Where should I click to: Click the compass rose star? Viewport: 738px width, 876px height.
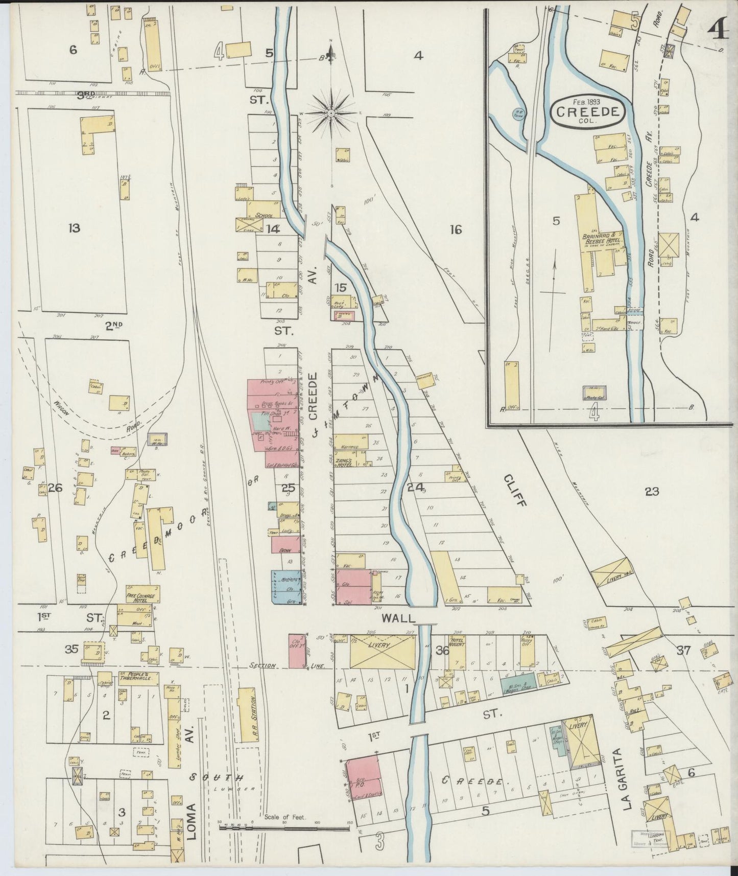coord(331,112)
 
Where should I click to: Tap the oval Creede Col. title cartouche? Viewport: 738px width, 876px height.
coord(588,112)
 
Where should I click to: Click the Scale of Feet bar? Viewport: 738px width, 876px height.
coord(284,828)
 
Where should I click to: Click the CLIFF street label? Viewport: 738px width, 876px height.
coord(514,490)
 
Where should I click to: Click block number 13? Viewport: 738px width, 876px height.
coord(74,228)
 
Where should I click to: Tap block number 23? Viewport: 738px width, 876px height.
coord(652,492)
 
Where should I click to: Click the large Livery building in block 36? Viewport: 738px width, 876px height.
coord(383,651)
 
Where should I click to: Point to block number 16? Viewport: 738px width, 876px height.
coord(456,230)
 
